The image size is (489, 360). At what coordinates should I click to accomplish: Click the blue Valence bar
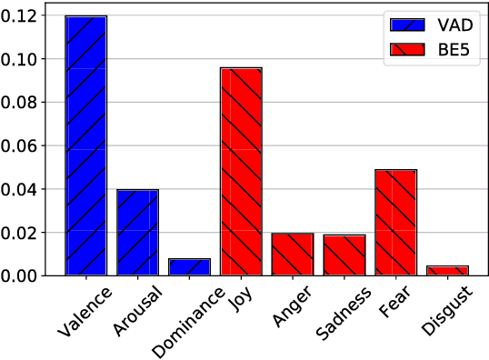(86, 145)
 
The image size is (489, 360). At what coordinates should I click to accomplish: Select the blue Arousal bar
(137, 232)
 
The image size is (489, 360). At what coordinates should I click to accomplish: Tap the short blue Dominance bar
(189, 266)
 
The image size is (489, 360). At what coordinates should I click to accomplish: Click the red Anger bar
(293, 254)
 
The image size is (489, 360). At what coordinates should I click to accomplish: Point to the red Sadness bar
(344, 255)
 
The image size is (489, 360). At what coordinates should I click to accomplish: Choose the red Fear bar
(395, 222)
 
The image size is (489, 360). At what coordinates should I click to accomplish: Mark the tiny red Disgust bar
(447, 270)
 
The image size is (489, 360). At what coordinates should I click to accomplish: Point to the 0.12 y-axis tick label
(32, 16)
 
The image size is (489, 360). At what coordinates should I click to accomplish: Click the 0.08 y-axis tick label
(32, 103)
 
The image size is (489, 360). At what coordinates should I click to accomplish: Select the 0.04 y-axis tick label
(32, 189)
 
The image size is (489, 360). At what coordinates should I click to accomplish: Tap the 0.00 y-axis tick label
(32, 275)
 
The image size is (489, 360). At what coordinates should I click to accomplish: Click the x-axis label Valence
(83, 311)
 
